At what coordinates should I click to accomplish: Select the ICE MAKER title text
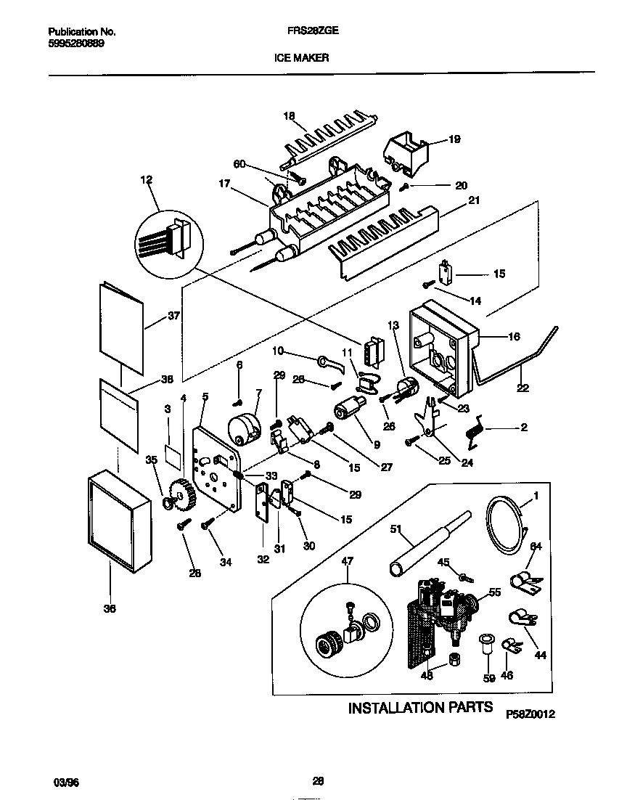(301, 59)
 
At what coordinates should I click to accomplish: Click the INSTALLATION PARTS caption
(421, 707)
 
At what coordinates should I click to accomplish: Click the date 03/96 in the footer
(66, 782)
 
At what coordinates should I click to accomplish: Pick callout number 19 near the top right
(454, 139)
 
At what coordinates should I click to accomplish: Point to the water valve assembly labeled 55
(444, 606)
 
